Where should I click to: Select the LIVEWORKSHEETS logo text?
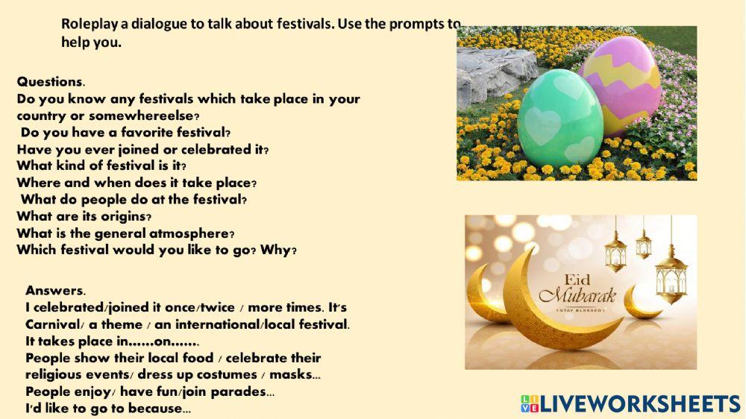point(639,404)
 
